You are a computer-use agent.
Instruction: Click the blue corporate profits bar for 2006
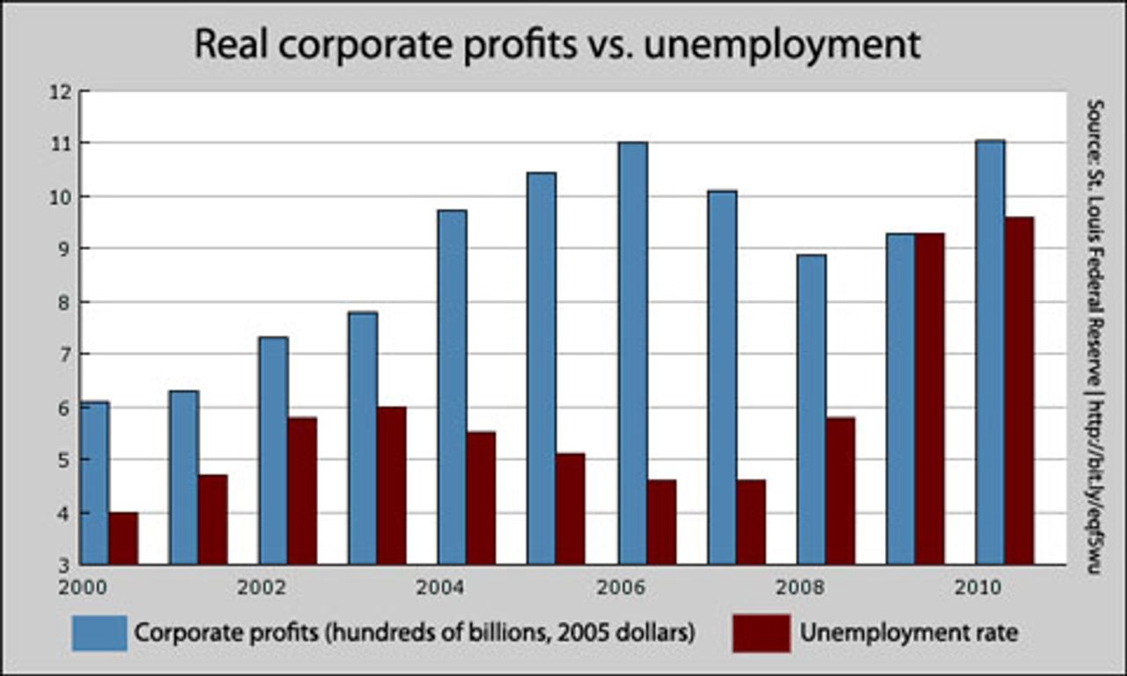pos(632,352)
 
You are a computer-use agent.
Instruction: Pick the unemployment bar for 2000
pos(123,538)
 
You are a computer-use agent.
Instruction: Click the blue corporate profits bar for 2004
pos(452,387)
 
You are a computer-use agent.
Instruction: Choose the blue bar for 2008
pos(811,409)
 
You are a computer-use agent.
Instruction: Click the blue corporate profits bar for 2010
pos(990,352)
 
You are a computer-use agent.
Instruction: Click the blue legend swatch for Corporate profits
pos(99,633)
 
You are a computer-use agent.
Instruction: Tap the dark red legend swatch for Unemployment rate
pos(761,633)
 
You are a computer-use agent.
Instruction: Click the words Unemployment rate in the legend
pos(908,632)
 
